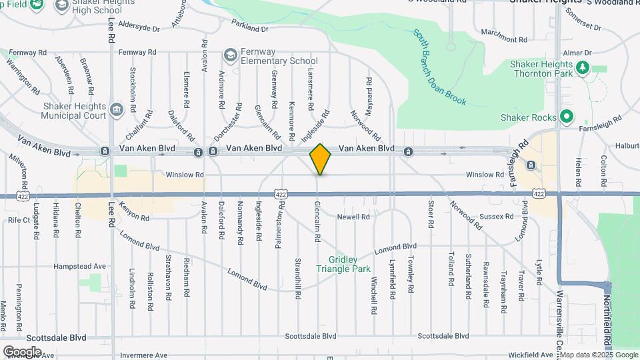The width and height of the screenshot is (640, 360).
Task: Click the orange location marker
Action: tap(320, 159)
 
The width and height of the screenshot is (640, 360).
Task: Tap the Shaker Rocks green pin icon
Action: tap(567, 117)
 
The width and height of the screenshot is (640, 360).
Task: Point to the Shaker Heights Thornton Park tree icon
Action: tap(582, 67)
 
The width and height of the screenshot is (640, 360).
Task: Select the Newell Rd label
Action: tap(353, 217)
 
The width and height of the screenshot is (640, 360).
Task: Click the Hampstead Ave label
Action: tap(81, 266)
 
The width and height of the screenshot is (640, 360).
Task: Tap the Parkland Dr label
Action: tap(249, 29)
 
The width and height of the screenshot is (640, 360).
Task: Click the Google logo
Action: tap(22, 351)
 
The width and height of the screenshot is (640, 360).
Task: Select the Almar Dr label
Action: tap(577, 53)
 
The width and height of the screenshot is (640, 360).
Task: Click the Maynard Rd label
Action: tap(369, 91)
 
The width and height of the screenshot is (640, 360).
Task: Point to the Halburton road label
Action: tap(627, 146)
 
